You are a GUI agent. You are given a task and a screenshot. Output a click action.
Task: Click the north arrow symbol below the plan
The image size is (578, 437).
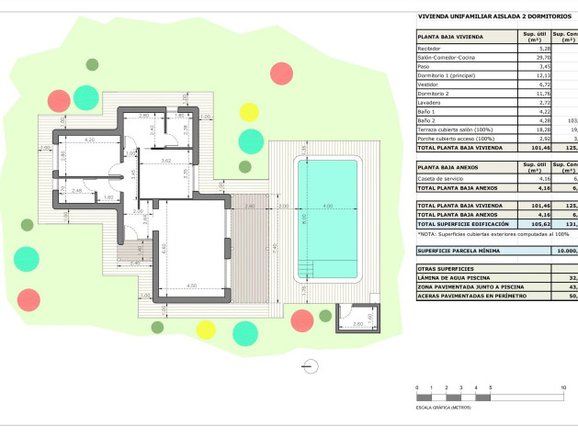click(x=311, y=365)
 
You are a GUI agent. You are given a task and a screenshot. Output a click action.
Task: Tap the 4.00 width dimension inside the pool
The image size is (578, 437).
click(x=328, y=207)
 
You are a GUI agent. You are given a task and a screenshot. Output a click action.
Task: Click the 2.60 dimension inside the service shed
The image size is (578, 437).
click(x=357, y=350)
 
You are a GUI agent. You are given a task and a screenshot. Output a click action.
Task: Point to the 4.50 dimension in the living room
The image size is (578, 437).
click(x=191, y=286)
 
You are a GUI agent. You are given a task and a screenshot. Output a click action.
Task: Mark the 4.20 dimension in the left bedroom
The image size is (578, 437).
click(x=89, y=140)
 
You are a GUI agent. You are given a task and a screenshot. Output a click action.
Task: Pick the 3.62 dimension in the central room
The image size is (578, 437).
click(x=167, y=161)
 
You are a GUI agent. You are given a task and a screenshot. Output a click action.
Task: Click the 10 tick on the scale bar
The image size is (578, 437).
click(x=562, y=388)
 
